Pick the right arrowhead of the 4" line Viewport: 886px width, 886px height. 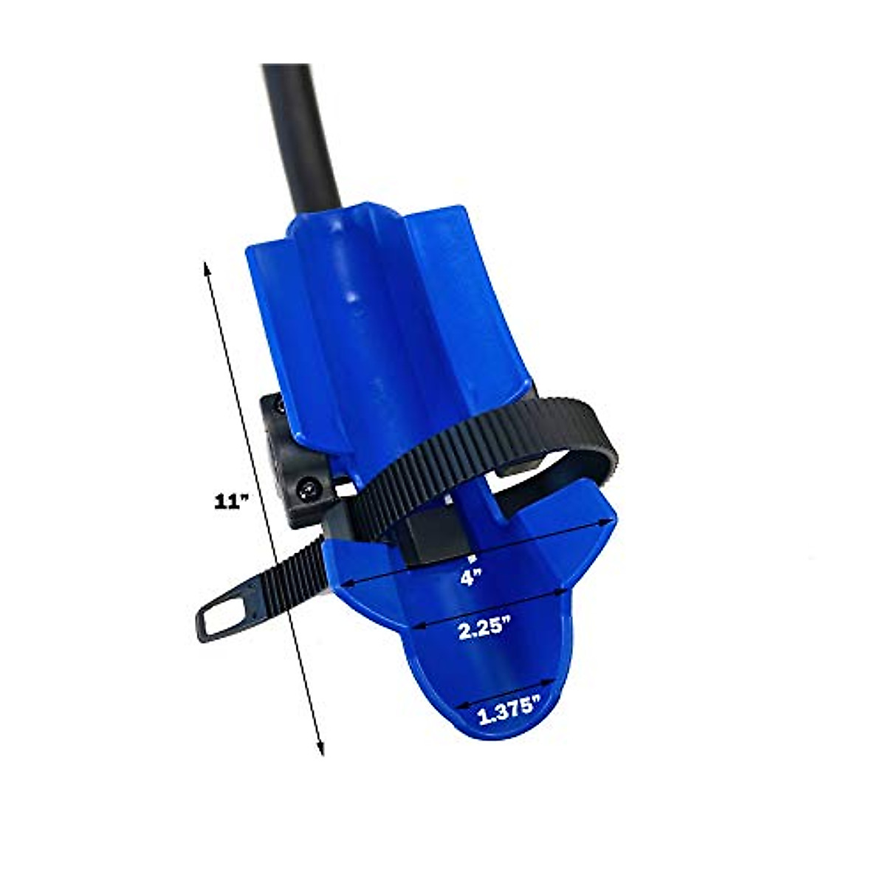pyautogui.click(x=611, y=521)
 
